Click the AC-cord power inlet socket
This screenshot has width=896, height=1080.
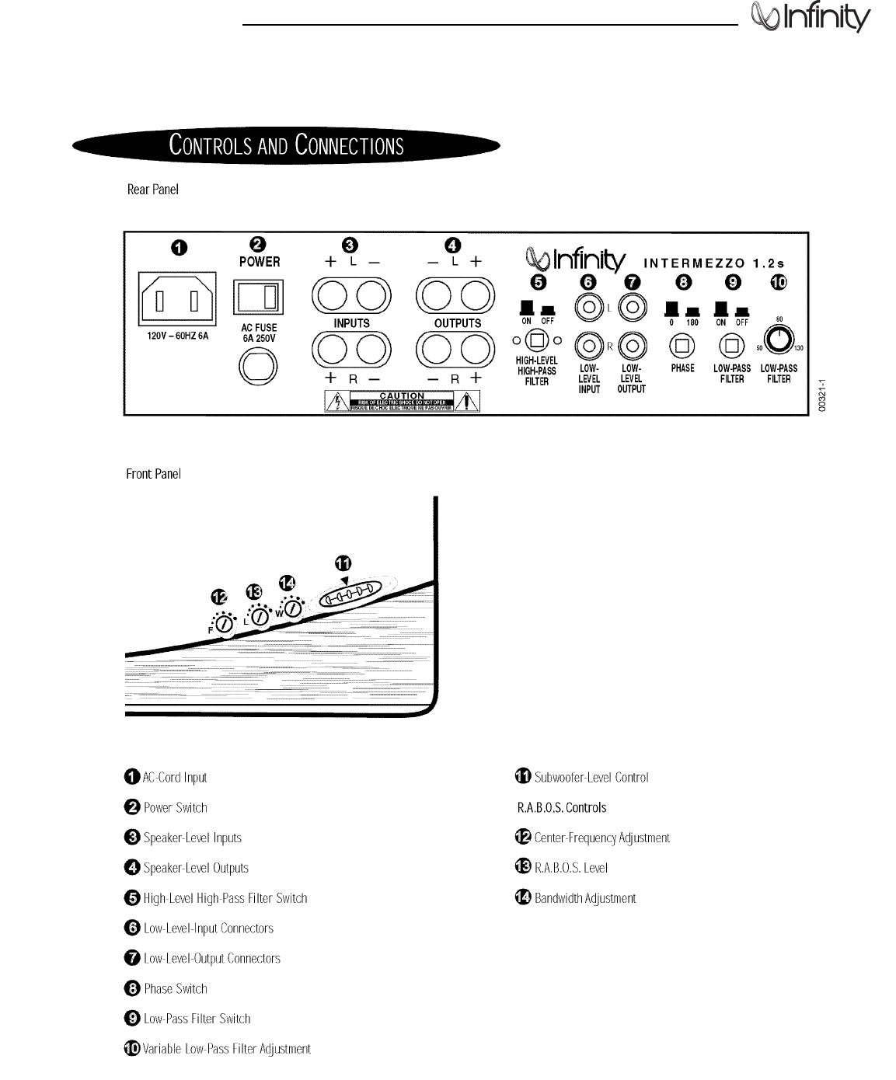pyautogui.click(x=178, y=298)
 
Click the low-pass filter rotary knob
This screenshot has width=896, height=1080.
pyautogui.click(x=778, y=340)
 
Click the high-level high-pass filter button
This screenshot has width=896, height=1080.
pyautogui.click(x=536, y=340)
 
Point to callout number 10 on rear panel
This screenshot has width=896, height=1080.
pyautogui.click(x=778, y=282)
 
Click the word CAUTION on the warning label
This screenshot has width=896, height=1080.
pyautogui.click(x=401, y=396)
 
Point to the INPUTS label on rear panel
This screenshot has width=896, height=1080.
pyautogui.click(x=351, y=323)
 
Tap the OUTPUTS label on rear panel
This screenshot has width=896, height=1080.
pyautogui.click(x=457, y=323)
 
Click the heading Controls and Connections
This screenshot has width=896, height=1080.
pyautogui.click(x=286, y=146)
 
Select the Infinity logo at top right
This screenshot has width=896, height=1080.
pyautogui.click(x=811, y=19)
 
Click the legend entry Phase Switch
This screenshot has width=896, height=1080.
pyautogui.click(x=176, y=989)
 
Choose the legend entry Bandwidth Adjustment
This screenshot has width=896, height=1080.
pyautogui.click(x=584, y=898)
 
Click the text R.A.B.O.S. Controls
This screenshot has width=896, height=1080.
pyautogui.click(x=562, y=808)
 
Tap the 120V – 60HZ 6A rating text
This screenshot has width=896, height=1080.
pyautogui.click(x=178, y=336)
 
